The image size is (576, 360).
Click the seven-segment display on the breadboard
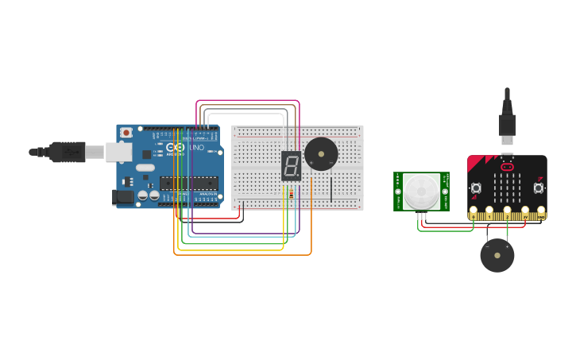pyautogui.click(x=292, y=166)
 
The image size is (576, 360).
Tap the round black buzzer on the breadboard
pyautogui.click(x=321, y=153)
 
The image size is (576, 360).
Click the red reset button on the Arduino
pyautogui.click(x=126, y=133)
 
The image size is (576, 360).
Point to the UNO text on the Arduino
pyautogui.click(x=196, y=148)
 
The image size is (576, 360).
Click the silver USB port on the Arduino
pyautogui.click(x=119, y=152)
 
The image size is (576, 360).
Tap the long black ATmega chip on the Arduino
pyautogui.click(x=188, y=182)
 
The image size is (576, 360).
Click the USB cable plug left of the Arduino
pyautogui.click(x=68, y=151)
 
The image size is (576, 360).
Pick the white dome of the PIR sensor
pyautogui.click(x=419, y=192)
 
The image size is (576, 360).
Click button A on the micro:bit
pyautogui.click(x=476, y=188)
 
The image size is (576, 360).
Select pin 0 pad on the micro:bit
pyautogui.click(x=474, y=214)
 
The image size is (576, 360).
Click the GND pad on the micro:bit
pyautogui.click(x=541, y=214)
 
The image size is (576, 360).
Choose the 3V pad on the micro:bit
pyautogui.click(x=524, y=214)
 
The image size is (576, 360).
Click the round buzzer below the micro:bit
pyautogui.click(x=497, y=255)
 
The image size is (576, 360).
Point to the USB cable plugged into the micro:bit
pyautogui.click(x=507, y=119)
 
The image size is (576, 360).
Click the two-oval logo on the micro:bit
pyautogui.click(x=507, y=167)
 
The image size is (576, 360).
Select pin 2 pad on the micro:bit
pyautogui.click(x=508, y=214)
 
